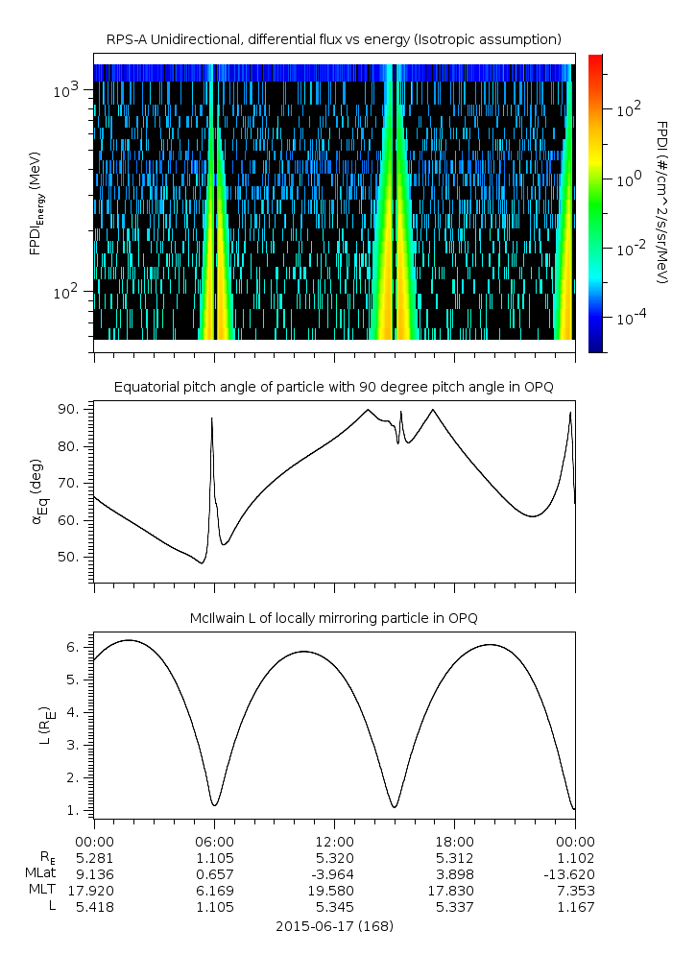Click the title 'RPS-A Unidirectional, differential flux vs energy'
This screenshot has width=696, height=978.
pos(333,39)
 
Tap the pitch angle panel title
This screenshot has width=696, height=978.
pos(333,387)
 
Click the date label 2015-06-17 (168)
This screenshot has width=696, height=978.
pos(334,926)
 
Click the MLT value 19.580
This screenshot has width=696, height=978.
pos(334,890)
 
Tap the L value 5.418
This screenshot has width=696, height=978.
pos(93,906)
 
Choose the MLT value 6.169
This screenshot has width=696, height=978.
pos(214,890)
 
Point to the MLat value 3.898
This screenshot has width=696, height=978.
pos(454,873)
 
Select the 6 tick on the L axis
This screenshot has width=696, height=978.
pos(81,647)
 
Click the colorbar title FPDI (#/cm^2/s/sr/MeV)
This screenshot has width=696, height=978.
pos(662,202)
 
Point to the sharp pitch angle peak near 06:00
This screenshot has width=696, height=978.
pos(211,419)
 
